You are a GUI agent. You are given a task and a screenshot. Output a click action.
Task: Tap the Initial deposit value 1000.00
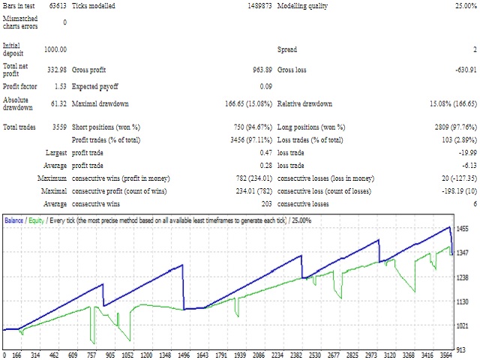click(x=55, y=49)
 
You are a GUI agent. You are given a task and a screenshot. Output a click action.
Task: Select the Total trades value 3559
click(x=58, y=127)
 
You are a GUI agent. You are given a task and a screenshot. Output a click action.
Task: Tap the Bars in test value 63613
click(x=57, y=5)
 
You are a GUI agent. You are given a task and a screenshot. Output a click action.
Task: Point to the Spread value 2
click(x=474, y=49)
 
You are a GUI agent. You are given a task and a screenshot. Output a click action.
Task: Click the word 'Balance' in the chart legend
click(x=14, y=220)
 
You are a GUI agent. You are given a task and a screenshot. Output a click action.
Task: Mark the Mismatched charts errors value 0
click(x=64, y=22)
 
